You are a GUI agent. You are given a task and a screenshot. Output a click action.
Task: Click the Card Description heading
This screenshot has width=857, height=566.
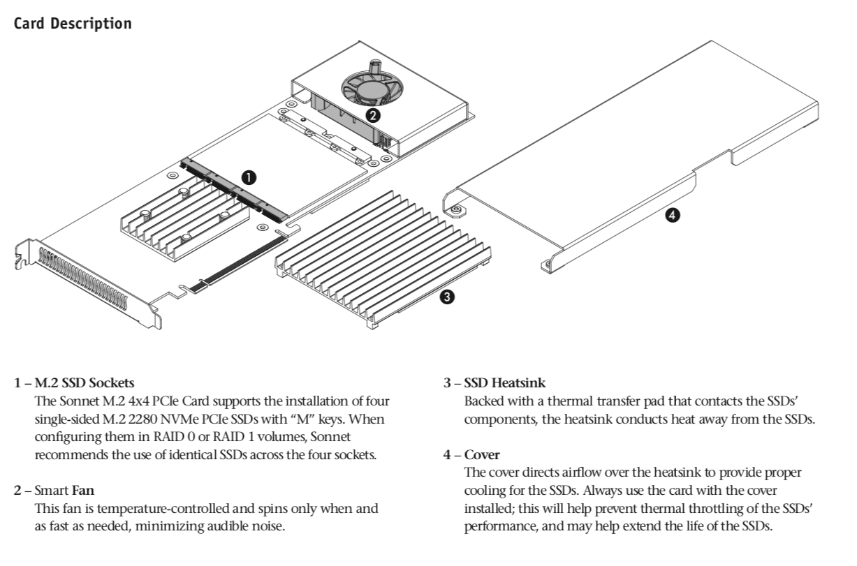73,23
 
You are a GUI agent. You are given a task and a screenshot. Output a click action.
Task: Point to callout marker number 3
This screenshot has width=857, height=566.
447,297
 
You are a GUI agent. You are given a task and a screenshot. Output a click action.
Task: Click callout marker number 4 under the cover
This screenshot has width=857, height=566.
671,216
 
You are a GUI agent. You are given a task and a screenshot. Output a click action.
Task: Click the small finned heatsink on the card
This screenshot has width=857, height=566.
185,216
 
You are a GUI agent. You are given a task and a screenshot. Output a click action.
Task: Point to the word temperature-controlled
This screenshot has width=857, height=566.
163,508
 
